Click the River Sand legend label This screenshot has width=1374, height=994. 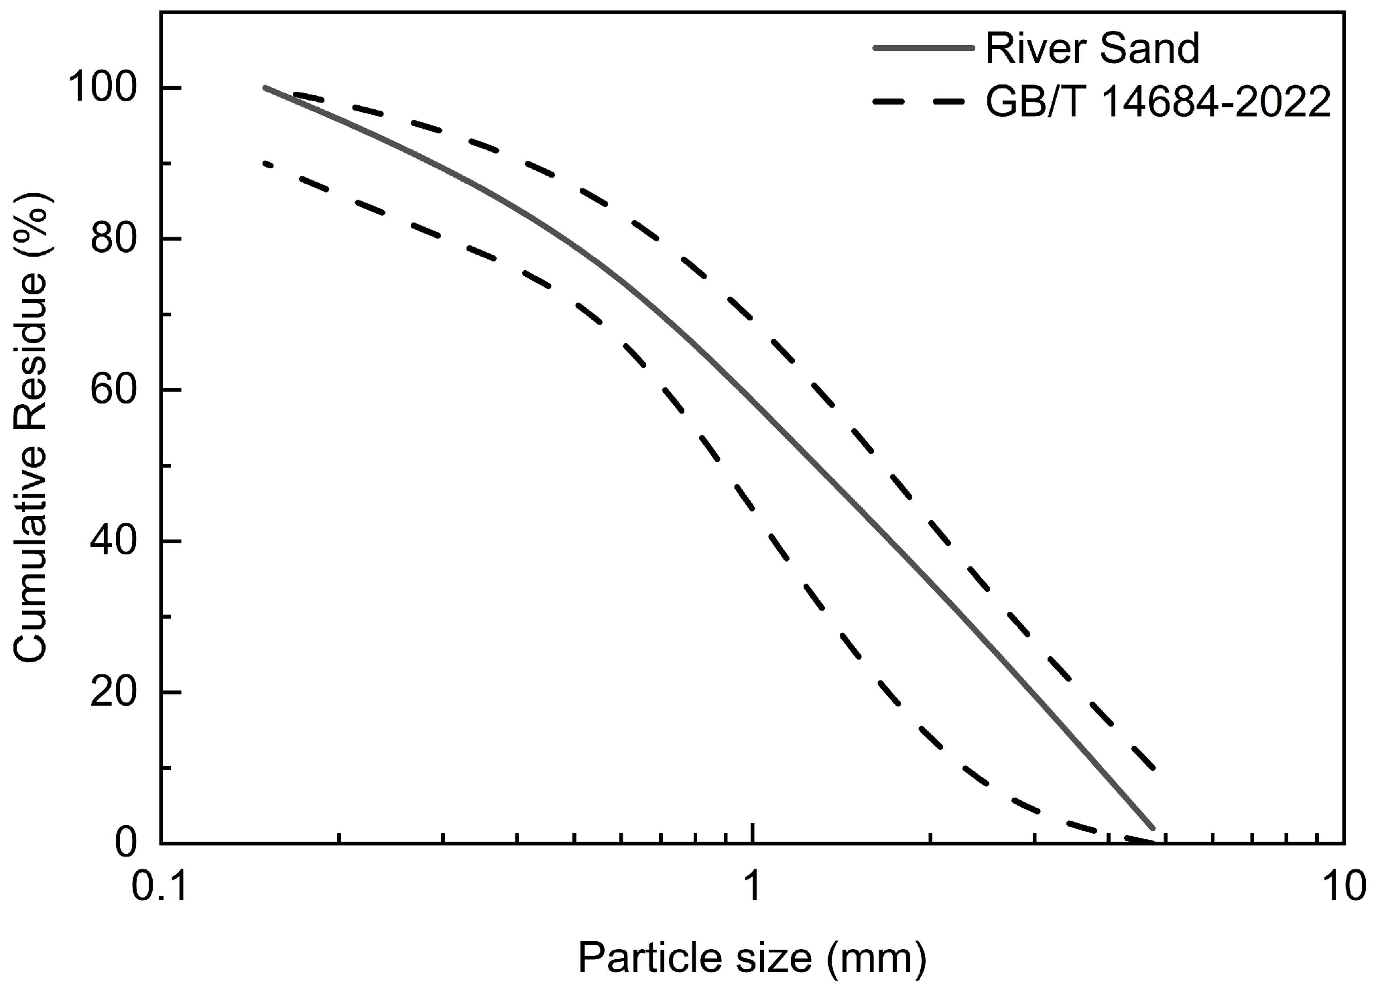tap(1092, 48)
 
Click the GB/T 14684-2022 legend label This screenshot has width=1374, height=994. tap(1158, 103)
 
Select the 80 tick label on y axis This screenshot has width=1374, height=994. tap(111, 239)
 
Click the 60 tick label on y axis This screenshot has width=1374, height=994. tap(111, 390)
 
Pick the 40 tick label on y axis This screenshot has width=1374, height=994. tap(111, 541)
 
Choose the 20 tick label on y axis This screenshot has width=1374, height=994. tap(111, 692)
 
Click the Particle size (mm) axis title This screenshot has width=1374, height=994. tap(752, 958)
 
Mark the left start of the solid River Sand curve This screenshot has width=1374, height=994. tap(265, 87)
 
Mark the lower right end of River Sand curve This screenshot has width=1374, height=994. tap(1153, 828)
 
